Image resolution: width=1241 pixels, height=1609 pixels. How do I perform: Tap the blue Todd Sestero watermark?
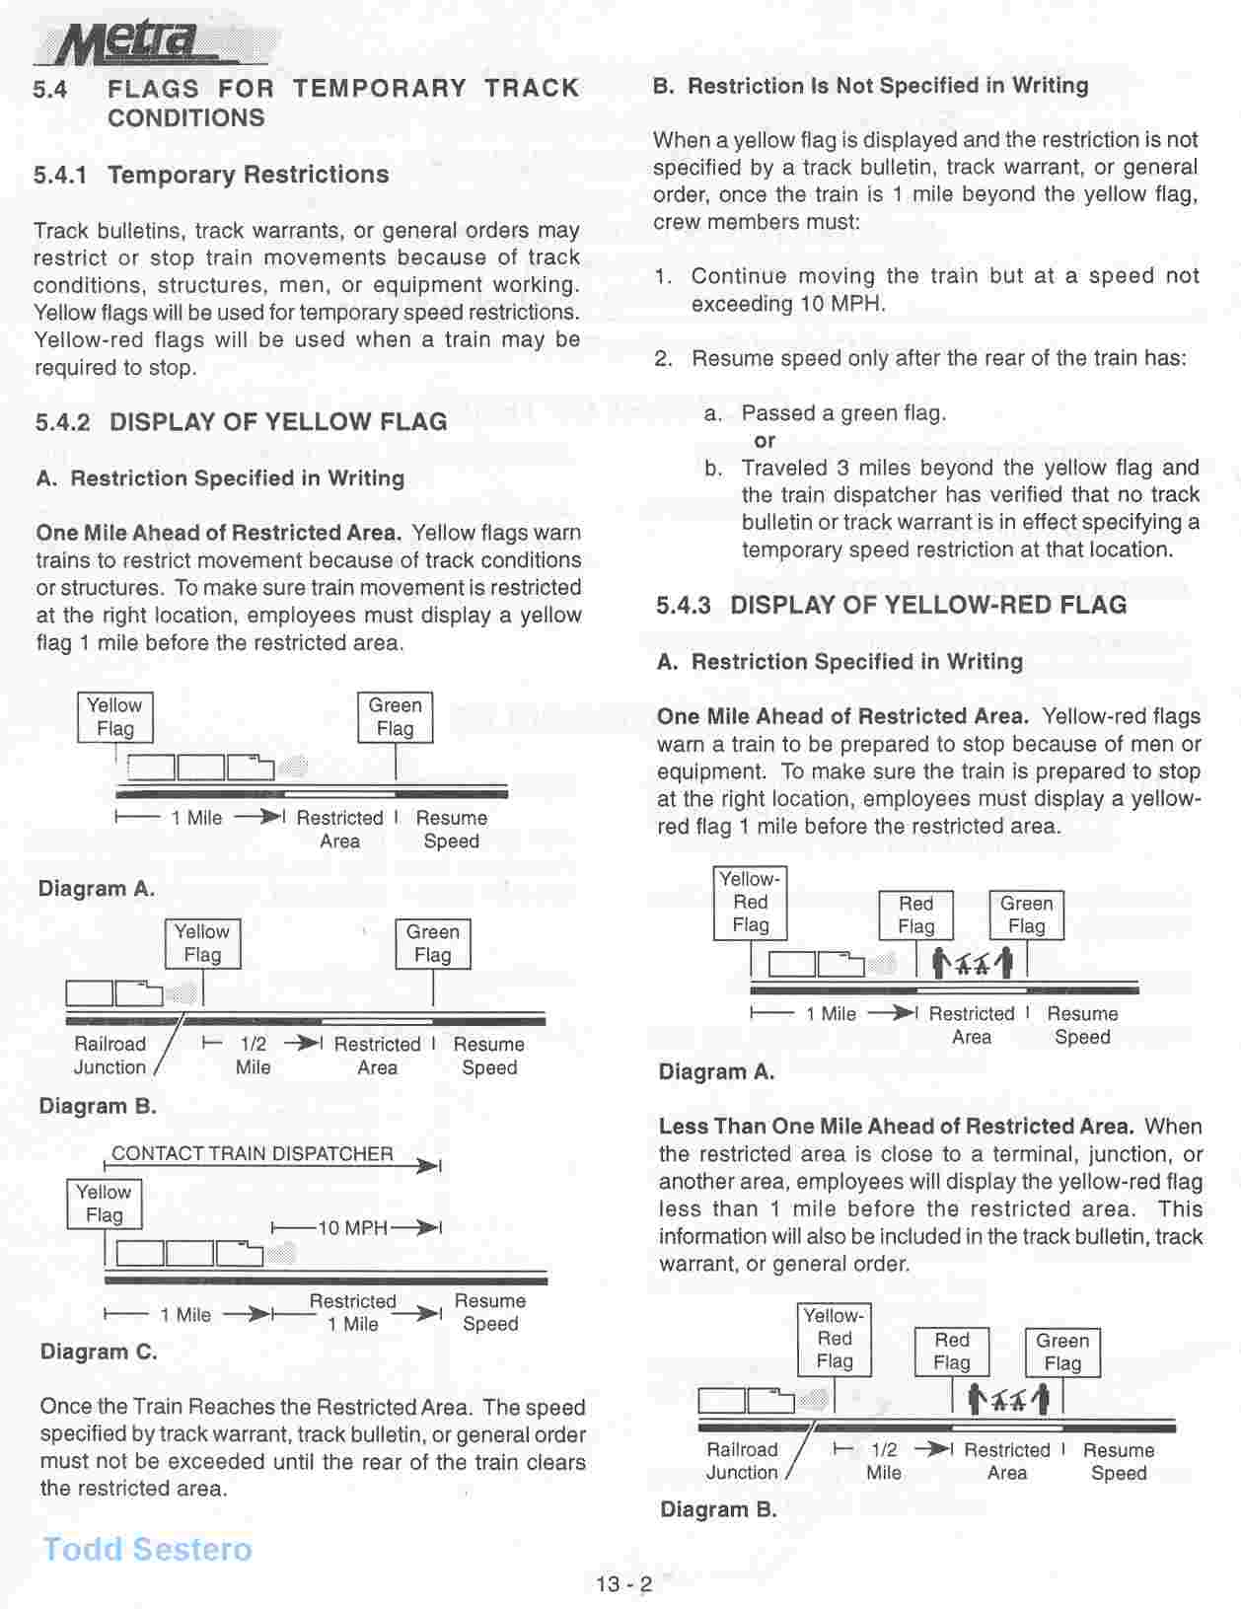point(147,1549)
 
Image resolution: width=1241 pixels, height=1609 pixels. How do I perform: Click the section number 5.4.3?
point(684,605)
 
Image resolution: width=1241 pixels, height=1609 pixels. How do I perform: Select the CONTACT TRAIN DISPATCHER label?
point(252,1153)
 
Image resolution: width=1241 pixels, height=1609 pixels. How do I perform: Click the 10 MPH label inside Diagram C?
point(352,1228)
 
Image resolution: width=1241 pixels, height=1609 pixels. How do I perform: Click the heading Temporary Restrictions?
point(248,175)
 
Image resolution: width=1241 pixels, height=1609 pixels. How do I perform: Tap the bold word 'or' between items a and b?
point(765,441)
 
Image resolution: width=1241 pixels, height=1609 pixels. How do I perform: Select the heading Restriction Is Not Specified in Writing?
point(888,86)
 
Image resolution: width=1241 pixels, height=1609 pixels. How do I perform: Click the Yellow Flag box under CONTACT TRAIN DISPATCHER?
point(104,1204)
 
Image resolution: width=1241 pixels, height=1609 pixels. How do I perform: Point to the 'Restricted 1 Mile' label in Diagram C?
point(352,1313)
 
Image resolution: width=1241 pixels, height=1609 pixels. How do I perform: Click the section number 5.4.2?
point(63,422)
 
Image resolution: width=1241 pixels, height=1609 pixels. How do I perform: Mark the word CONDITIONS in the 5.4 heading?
point(185,118)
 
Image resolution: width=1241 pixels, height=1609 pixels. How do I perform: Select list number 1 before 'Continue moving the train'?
point(664,276)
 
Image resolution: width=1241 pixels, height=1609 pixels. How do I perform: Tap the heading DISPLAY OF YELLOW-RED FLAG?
point(928,605)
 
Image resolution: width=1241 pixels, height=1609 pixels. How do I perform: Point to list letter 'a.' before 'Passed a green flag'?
point(713,413)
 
